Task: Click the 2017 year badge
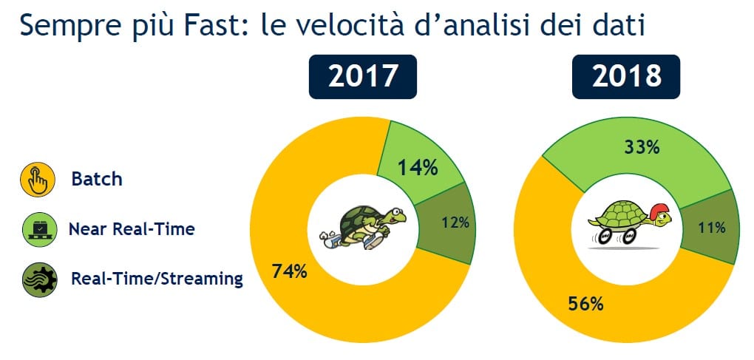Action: click(x=363, y=77)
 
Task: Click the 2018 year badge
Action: click(x=626, y=77)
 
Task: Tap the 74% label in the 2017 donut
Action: click(x=288, y=271)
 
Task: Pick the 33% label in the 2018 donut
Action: click(x=641, y=147)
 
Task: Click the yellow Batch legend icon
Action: click(x=37, y=180)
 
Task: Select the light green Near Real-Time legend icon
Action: click(x=37, y=230)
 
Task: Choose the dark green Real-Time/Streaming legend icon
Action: click(x=37, y=279)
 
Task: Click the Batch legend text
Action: click(x=97, y=180)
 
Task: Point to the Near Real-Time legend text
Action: click(x=132, y=229)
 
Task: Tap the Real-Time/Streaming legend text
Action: click(x=157, y=279)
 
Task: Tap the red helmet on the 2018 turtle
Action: click(x=659, y=208)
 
